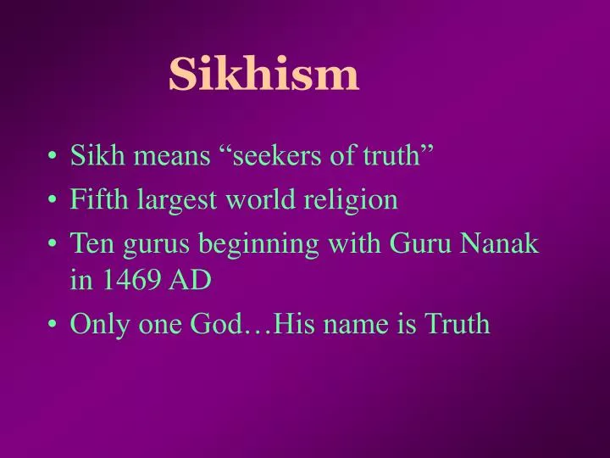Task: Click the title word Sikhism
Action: point(263,75)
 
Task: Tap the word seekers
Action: point(270,155)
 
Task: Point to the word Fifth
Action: point(94,200)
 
